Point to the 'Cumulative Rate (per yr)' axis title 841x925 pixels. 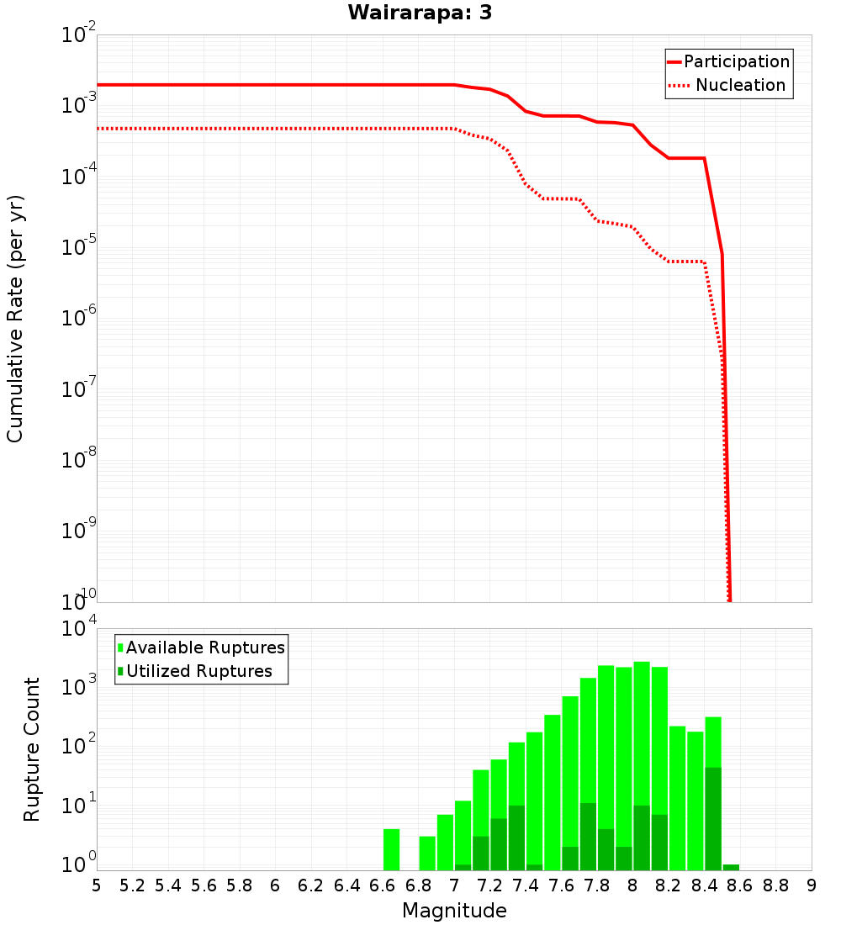15,319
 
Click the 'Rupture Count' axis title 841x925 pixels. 32,748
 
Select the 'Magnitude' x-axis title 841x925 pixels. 454,911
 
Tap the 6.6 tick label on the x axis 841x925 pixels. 383,885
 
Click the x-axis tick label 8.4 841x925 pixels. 705,885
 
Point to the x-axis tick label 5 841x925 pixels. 97,885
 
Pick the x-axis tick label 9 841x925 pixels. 812,885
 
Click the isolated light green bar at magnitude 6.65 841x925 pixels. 391,849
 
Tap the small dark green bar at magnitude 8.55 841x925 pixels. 731,867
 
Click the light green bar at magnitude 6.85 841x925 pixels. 427,853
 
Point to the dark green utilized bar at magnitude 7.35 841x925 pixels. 516,838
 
